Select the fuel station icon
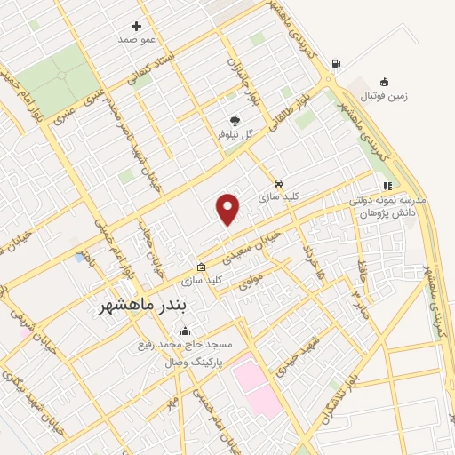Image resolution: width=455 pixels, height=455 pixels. pyautogui.click(x=334, y=64)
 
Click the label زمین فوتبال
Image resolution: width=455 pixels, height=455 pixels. pyautogui.click(x=384, y=94)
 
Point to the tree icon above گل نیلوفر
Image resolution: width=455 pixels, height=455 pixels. pyautogui.click(x=235, y=120)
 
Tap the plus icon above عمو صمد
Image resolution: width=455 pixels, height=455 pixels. pyautogui.click(x=136, y=26)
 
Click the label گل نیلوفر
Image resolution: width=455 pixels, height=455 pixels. pyautogui.click(x=236, y=134)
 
